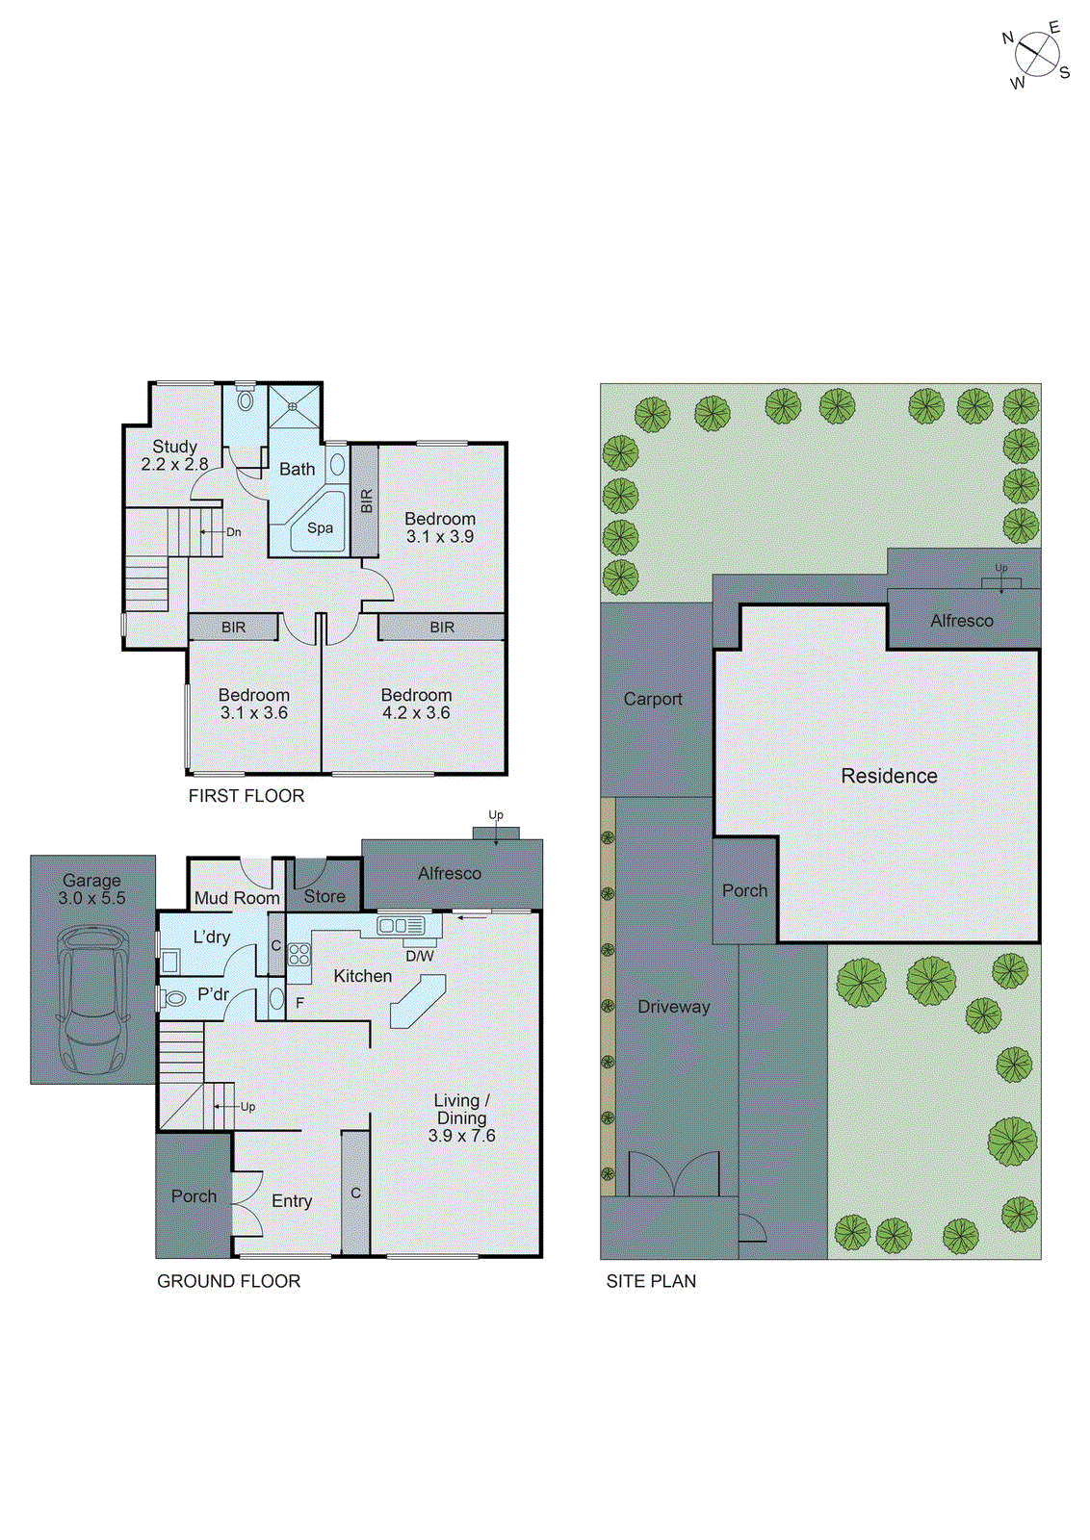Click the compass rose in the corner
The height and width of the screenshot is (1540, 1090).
[x=1036, y=55]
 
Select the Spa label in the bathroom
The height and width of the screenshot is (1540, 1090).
[x=321, y=527]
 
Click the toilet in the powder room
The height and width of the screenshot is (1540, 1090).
[x=173, y=998]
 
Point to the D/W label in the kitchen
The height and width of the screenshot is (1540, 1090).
[x=420, y=956]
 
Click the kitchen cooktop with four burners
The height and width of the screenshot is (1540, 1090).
[x=299, y=954]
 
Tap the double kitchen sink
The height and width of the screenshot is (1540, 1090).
[x=401, y=926]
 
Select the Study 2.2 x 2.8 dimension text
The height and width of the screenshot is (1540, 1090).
[x=174, y=455]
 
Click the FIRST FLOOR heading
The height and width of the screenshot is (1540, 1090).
[x=247, y=796]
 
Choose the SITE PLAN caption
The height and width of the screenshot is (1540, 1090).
[x=651, y=1281]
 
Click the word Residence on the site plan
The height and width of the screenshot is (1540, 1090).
[x=889, y=776]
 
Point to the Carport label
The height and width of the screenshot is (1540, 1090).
[x=653, y=699]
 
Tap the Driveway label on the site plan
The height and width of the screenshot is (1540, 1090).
[x=673, y=1007]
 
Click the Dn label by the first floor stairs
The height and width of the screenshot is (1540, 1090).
[x=233, y=532]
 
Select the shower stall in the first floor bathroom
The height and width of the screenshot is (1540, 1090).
[x=293, y=407]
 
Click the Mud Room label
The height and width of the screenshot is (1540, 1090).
[x=237, y=898]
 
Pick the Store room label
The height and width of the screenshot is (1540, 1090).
[x=324, y=896]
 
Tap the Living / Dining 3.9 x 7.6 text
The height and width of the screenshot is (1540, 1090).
[x=461, y=1117]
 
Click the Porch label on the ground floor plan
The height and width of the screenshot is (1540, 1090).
[x=194, y=1196]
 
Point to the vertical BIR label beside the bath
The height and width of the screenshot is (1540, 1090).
[x=366, y=500]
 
